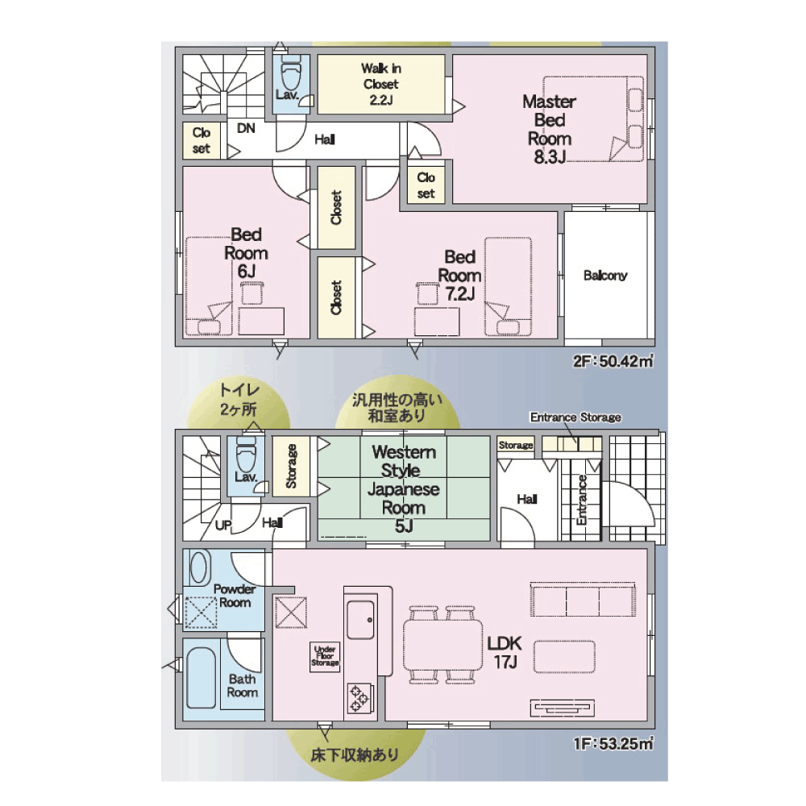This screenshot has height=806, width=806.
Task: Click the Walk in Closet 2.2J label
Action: (381, 84)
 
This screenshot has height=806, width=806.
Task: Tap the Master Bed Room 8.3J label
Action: (549, 129)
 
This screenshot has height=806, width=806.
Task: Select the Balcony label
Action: (605, 276)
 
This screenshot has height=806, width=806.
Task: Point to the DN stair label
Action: (246, 128)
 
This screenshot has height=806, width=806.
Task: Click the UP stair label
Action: (223, 526)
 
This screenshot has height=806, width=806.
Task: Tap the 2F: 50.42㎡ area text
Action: (613, 361)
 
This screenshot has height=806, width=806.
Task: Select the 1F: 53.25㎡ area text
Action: (613, 743)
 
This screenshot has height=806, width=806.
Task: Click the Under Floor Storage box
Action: (325, 656)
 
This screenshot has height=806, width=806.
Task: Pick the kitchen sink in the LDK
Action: (361, 619)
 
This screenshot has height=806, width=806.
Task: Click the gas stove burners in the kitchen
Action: (359, 699)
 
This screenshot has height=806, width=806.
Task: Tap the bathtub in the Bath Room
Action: (201, 678)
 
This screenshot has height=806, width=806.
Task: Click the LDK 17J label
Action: (505, 652)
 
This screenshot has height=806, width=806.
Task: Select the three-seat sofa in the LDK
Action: (583, 600)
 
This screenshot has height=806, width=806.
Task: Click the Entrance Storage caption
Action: (575, 418)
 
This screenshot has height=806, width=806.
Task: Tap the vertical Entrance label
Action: (582, 500)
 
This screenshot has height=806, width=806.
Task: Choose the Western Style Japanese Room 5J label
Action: (404, 488)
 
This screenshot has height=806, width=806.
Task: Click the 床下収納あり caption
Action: (355, 754)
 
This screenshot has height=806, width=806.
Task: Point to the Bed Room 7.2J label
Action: (459, 275)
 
